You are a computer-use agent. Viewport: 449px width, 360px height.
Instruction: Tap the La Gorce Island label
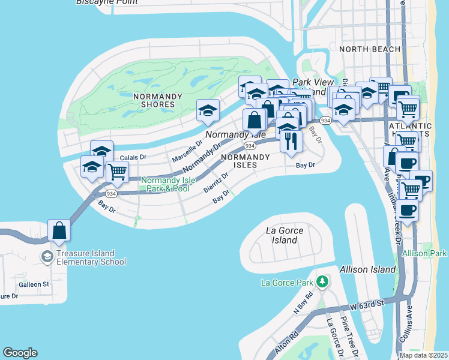point(284,235)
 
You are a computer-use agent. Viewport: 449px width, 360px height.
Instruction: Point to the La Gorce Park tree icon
point(322,281)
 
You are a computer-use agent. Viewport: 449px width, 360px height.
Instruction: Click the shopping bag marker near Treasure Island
point(59,230)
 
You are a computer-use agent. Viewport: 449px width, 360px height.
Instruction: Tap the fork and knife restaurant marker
point(291,141)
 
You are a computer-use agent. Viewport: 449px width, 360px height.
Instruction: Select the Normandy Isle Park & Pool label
point(165,184)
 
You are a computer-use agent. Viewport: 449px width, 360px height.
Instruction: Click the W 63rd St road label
point(368,306)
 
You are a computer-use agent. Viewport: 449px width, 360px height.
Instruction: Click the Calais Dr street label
point(133,157)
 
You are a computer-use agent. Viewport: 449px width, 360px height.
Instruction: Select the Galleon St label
point(34,284)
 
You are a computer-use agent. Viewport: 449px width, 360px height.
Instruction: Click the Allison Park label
point(424,254)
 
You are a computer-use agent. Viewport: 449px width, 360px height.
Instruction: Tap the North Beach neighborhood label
point(361,49)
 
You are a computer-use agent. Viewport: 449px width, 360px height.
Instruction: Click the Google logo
point(20,353)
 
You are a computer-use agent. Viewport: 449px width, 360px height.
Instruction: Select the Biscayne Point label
point(104,2)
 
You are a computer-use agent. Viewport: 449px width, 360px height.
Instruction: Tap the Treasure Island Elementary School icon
point(46,257)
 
